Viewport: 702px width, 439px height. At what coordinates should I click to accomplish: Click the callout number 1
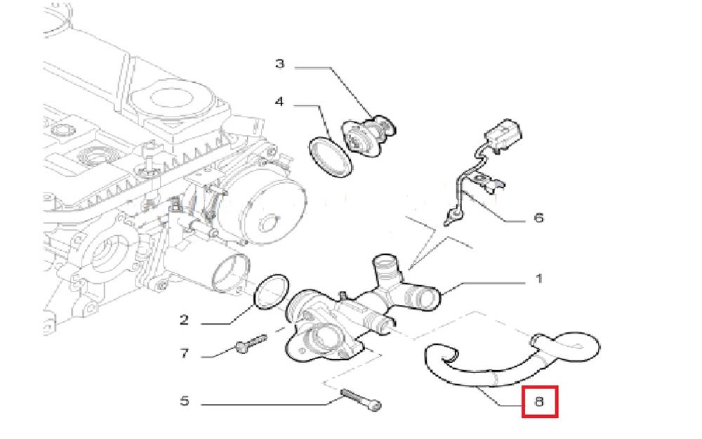click(538, 280)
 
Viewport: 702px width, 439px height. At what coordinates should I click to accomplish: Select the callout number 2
click(184, 320)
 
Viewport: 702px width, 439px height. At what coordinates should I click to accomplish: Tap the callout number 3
click(279, 64)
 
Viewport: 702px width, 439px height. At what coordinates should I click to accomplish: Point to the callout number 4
click(279, 102)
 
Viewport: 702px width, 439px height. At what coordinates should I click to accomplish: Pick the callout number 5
click(184, 402)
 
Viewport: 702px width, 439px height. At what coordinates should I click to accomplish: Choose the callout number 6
click(538, 218)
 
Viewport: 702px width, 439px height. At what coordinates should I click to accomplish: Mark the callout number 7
click(184, 353)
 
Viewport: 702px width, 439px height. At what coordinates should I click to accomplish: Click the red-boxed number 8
click(539, 402)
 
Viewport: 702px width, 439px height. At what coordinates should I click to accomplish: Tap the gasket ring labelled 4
click(330, 154)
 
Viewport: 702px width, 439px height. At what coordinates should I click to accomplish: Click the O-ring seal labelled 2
click(270, 291)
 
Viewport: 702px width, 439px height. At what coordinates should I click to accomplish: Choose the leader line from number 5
click(267, 403)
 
